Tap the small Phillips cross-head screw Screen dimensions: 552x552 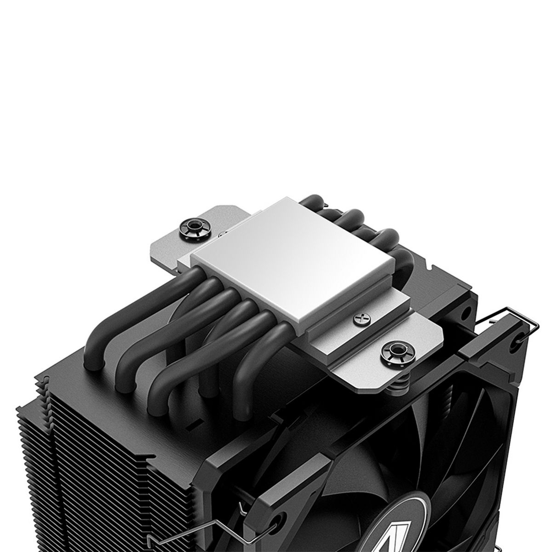(x=360, y=317)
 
